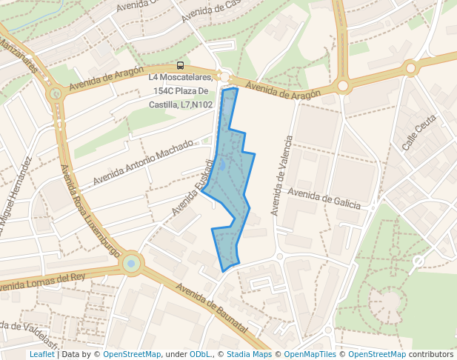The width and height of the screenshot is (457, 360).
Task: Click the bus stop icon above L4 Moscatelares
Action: click(181, 65)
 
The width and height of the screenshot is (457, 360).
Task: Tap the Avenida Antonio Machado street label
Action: click(142, 165)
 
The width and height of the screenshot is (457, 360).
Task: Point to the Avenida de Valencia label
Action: click(281, 176)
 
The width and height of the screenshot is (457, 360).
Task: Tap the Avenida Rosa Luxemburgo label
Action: click(89, 211)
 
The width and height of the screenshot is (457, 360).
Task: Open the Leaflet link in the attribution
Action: click(41, 354)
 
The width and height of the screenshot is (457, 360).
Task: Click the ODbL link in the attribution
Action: click(200, 354)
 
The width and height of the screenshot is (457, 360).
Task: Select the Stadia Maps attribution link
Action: click(249, 354)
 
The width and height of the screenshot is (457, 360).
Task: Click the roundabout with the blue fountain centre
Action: click(131, 263)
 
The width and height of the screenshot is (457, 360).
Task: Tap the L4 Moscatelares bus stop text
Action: click(181, 77)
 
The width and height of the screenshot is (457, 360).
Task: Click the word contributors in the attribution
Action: click(431, 354)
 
